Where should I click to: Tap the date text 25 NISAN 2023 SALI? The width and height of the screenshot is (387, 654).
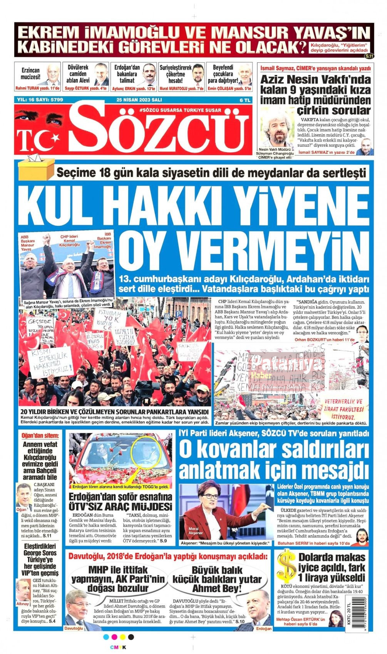(139, 100)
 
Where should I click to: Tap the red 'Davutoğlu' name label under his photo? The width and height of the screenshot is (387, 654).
(74, 628)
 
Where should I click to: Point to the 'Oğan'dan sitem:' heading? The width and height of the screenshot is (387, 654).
(41, 435)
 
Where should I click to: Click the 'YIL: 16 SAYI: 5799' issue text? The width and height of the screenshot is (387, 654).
(40, 100)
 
